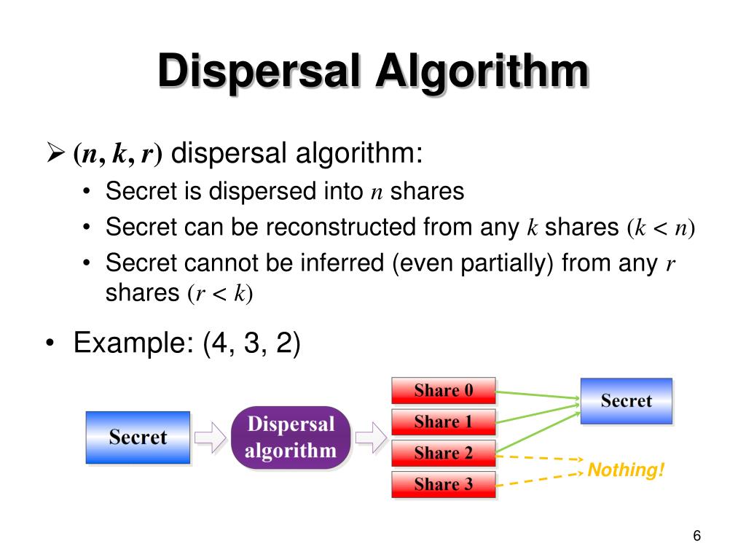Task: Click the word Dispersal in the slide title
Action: (x=258, y=73)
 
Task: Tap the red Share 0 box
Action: (x=444, y=390)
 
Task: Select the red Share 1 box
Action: (x=444, y=421)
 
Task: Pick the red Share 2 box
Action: (x=444, y=453)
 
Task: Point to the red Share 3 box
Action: (x=444, y=484)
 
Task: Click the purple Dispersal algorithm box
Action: (x=291, y=437)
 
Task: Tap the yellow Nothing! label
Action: (x=626, y=470)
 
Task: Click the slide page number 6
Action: (x=696, y=537)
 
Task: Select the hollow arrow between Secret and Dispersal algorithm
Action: (x=211, y=437)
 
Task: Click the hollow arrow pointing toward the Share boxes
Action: (x=370, y=437)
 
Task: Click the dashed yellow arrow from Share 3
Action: (x=539, y=478)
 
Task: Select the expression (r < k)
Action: (x=219, y=293)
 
